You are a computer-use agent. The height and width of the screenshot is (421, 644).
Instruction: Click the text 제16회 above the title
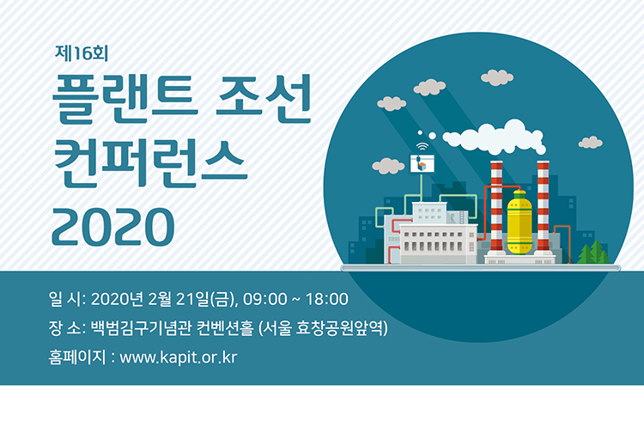(x=82, y=52)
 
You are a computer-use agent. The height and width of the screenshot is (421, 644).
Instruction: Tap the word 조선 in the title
(x=263, y=99)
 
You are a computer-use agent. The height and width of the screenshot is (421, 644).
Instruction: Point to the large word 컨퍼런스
(x=150, y=163)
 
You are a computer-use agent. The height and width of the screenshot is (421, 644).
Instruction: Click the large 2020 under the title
(x=113, y=227)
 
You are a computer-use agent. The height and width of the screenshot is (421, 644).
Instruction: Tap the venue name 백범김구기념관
(x=141, y=328)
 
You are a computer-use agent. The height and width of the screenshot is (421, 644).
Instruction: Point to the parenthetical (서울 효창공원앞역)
(x=324, y=328)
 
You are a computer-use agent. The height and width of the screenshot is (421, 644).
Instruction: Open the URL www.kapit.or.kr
(x=179, y=357)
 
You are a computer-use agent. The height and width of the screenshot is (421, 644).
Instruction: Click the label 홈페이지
(x=76, y=357)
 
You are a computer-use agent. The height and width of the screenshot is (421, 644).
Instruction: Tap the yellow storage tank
(x=519, y=223)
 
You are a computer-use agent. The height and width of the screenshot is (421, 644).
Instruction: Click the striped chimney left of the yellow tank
(x=496, y=206)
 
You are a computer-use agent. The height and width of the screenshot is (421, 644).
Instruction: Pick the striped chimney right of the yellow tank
(x=543, y=206)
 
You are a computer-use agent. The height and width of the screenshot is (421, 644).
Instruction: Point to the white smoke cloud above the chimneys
(x=494, y=137)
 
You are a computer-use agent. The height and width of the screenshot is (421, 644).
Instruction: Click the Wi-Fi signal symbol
(x=422, y=147)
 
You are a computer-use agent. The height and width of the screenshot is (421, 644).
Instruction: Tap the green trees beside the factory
(x=593, y=252)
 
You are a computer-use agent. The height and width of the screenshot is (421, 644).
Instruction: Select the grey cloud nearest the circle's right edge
(x=590, y=143)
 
